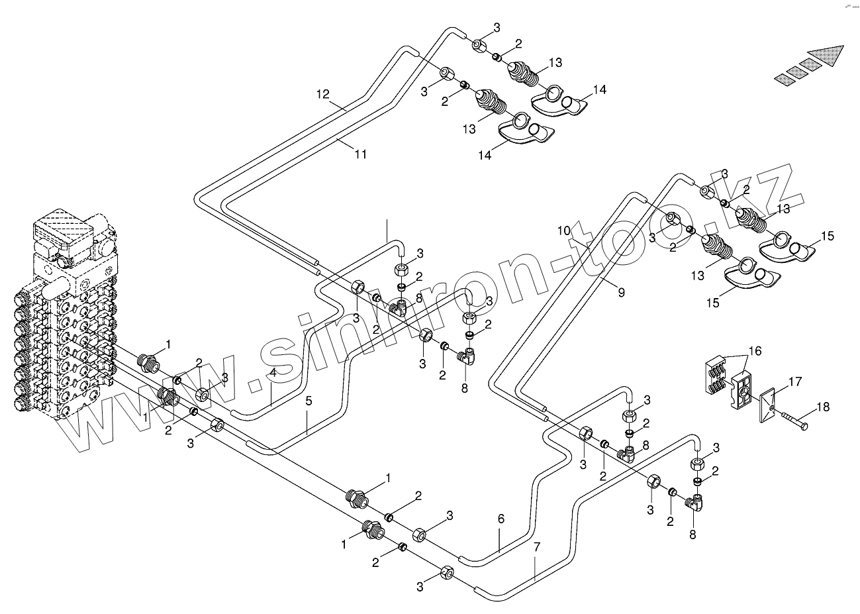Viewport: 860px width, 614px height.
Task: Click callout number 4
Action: [273, 372]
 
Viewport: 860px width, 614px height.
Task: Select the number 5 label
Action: [308, 401]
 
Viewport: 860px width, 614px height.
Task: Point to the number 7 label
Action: [537, 547]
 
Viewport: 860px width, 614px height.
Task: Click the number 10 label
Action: [563, 231]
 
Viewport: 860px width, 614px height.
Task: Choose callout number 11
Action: [360, 154]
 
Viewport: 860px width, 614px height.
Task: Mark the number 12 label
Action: [322, 95]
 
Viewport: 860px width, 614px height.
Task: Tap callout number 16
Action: [755, 350]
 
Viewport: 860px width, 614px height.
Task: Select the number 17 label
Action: [795, 382]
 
